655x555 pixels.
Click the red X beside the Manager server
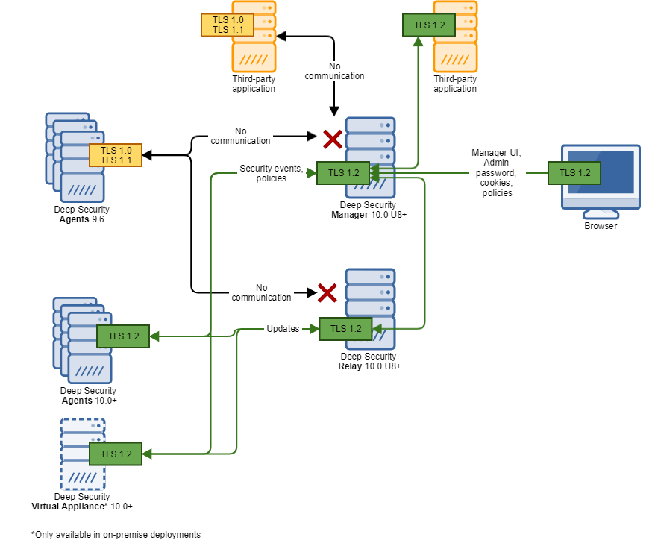(x=333, y=139)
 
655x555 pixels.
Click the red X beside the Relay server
(x=327, y=292)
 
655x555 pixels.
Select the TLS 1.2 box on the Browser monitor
(x=574, y=173)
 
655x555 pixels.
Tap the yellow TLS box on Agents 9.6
(x=115, y=155)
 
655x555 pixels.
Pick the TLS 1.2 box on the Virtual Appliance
(x=116, y=454)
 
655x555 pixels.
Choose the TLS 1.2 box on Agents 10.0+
(x=123, y=336)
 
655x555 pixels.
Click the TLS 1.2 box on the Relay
(x=345, y=329)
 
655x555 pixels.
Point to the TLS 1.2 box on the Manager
(x=342, y=173)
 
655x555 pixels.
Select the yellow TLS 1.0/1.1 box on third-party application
(x=227, y=25)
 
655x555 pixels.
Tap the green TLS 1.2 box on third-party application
(x=429, y=25)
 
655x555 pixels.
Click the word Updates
(x=283, y=329)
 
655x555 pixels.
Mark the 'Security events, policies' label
(x=271, y=173)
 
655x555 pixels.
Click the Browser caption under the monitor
(x=601, y=226)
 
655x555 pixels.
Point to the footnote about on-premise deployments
(x=116, y=535)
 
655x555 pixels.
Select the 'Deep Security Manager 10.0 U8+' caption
(x=369, y=210)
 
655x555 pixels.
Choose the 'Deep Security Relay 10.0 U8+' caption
(x=369, y=361)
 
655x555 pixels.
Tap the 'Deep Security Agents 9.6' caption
(x=81, y=215)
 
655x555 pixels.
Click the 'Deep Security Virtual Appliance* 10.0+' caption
(x=82, y=501)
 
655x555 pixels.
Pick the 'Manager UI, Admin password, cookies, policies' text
(x=497, y=173)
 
